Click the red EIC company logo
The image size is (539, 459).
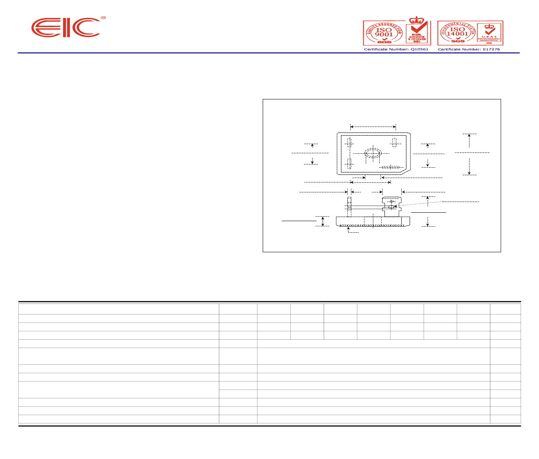[66, 28]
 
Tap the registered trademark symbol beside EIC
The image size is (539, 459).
[103, 18]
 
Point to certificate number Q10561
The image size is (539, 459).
[396, 49]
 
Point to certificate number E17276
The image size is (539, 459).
[469, 49]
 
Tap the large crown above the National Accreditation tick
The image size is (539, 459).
[417, 20]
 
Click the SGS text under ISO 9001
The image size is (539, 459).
[384, 42]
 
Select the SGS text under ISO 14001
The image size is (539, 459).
[458, 41]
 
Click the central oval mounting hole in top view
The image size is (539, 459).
[373, 154]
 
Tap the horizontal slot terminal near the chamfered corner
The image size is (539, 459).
[390, 167]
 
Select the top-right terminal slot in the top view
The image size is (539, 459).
[394, 142]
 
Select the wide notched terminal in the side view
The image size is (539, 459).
[391, 206]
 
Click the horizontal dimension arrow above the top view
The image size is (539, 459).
[373, 127]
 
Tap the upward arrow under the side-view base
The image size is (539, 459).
[349, 229]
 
